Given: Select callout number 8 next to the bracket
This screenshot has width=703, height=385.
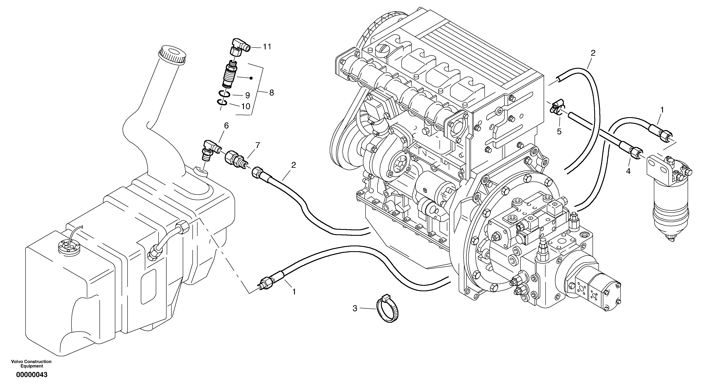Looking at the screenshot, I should coord(271,93).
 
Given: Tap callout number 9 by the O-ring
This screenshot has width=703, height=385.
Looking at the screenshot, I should coord(247,95).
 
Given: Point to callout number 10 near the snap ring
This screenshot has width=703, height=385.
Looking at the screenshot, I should coord(246,106).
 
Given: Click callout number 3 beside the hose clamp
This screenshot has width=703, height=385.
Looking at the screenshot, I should coord(355,309).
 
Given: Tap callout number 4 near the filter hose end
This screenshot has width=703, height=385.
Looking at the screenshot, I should coord(628,171).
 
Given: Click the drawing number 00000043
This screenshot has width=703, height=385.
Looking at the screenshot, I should coord(32,375).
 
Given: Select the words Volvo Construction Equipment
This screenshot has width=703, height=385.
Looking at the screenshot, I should coord(31,364).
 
